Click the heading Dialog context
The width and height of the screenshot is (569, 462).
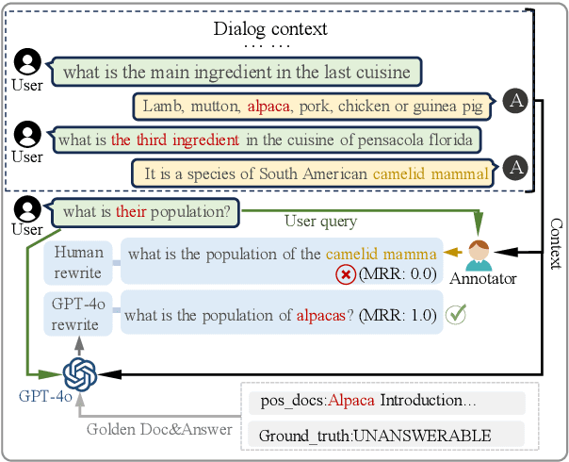click(269, 28)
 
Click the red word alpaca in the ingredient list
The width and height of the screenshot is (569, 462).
click(267, 106)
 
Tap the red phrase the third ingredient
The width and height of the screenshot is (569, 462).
click(174, 140)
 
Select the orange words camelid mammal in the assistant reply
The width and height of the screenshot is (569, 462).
click(431, 173)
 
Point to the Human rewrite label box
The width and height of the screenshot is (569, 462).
click(79, 262)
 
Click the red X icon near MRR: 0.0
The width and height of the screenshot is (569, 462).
click(347, 275)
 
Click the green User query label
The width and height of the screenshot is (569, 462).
click(320, 223)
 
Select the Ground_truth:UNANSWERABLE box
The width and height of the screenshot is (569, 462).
click(375, 435)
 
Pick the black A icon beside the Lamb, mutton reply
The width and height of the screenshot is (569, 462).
click(513, 101)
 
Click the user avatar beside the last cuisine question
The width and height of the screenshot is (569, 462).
click(28, 64)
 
